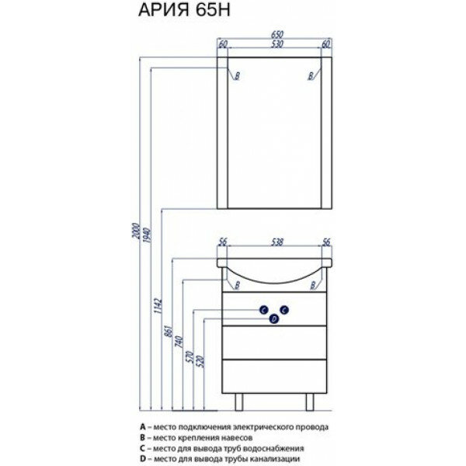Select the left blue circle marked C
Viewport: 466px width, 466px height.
264,308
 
